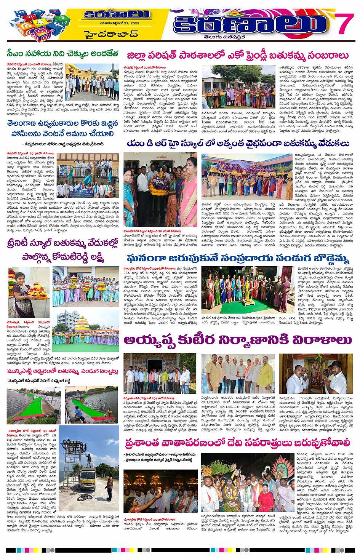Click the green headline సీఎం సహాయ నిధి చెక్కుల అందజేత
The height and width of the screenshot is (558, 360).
62,53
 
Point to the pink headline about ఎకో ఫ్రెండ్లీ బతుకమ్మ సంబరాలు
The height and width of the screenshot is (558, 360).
238,56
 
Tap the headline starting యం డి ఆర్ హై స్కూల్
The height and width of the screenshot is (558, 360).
238,144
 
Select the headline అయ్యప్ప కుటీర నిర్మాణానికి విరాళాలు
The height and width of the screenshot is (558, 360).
238,340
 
